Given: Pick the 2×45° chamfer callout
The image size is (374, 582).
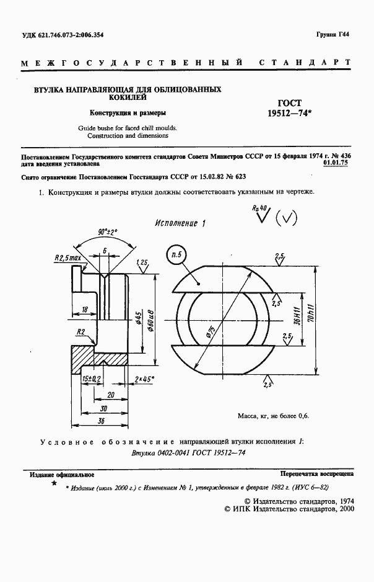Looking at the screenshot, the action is click(x=145, y=378).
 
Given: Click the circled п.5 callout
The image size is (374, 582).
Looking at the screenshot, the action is click(x=176, y=254).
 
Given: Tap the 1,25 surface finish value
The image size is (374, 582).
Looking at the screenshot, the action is click(x=141, y=262).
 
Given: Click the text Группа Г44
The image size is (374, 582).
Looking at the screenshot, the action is click(x=336, y=35).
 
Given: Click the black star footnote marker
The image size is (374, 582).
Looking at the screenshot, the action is click(x=54, y=482).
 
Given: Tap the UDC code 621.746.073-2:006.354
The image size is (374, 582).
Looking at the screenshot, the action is click(x=63, y=35).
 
